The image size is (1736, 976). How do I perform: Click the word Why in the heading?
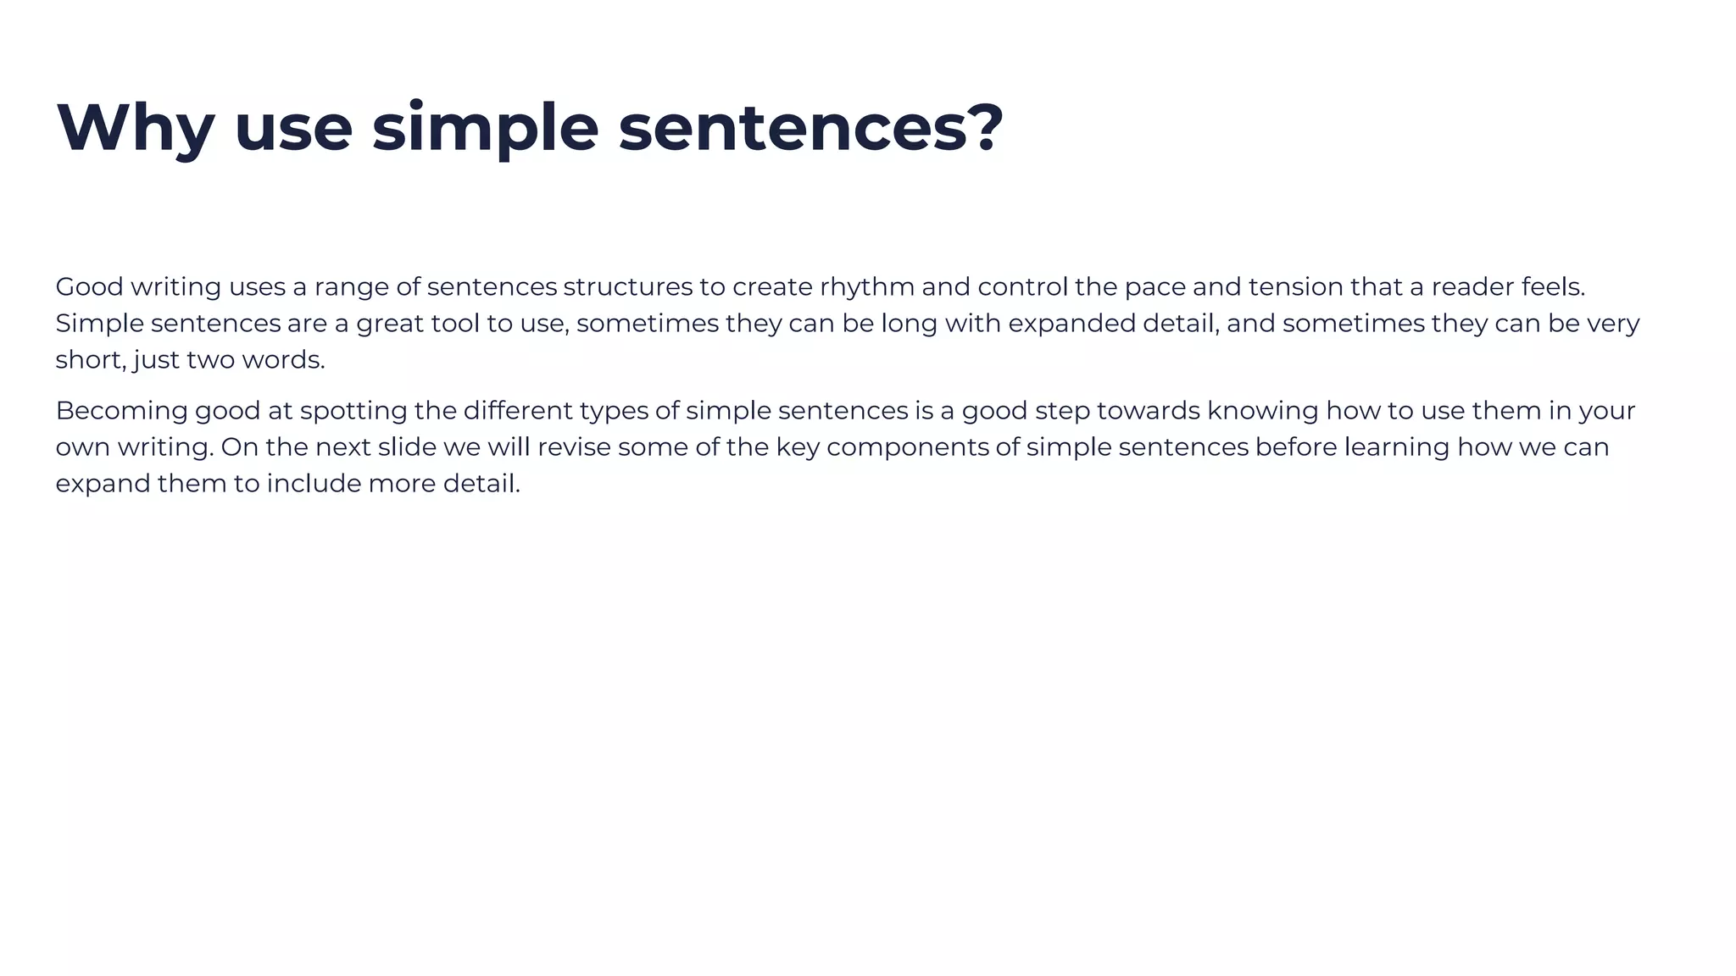point(136,128)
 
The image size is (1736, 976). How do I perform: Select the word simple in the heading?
point(485,128)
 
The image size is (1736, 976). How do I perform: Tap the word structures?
point(627,287)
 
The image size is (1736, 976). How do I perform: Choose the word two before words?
point(210,360)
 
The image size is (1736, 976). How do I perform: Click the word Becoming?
point(121,411)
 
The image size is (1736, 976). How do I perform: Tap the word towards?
point(1148,411)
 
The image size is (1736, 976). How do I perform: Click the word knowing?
point(1262,411)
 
